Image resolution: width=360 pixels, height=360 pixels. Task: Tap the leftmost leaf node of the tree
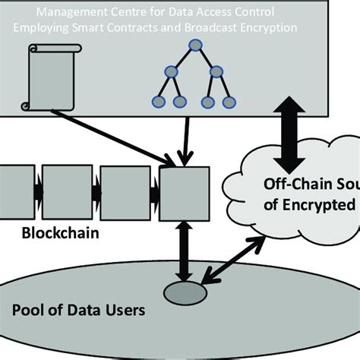(159, 100)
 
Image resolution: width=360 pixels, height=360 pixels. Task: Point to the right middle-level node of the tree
(216, 73)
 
